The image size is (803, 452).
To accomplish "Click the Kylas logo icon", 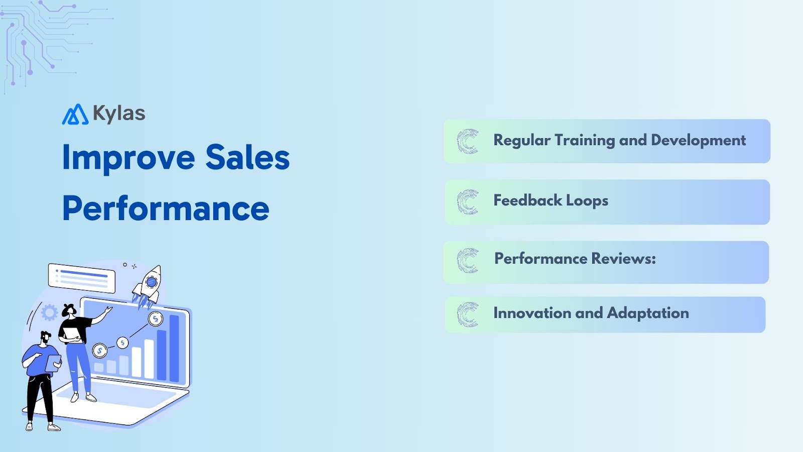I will [x=75, y=115].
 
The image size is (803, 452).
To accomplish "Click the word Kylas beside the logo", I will [x=119, y=114].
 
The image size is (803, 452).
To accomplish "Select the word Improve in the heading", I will [x=128, y=158].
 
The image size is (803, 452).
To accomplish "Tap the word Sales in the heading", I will [x=247, y=158].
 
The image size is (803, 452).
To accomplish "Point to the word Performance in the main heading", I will [x=166, y=208].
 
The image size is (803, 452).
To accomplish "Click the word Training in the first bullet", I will [x=585, y=140].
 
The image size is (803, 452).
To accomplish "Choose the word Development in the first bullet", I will [x=698, y=140].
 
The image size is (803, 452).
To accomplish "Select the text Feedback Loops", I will [x=551, y=201].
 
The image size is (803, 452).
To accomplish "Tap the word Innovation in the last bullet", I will [x=532, y=313].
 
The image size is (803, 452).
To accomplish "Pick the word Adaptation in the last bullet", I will [x=648, y=313].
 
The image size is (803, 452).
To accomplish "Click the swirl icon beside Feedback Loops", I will [x=468, y=202].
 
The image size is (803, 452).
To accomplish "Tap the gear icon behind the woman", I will [x=49, y=312].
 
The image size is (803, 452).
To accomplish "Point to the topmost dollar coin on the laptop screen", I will [x=156, y=318].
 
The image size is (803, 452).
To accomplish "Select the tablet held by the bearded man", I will [x=53, y=363].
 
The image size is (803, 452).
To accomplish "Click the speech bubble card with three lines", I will [x=82, y=277].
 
